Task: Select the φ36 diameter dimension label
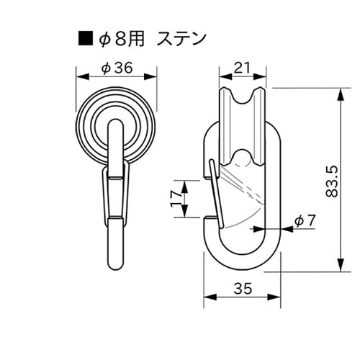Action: pyautogui.click(x=117, y=68)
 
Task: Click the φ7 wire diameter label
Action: pyautogui.click(x=305, y=222)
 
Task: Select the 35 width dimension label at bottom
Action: pyautogui.click(x=242, y=289)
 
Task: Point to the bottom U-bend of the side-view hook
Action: pyautogui.click(x=241, y=266)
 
